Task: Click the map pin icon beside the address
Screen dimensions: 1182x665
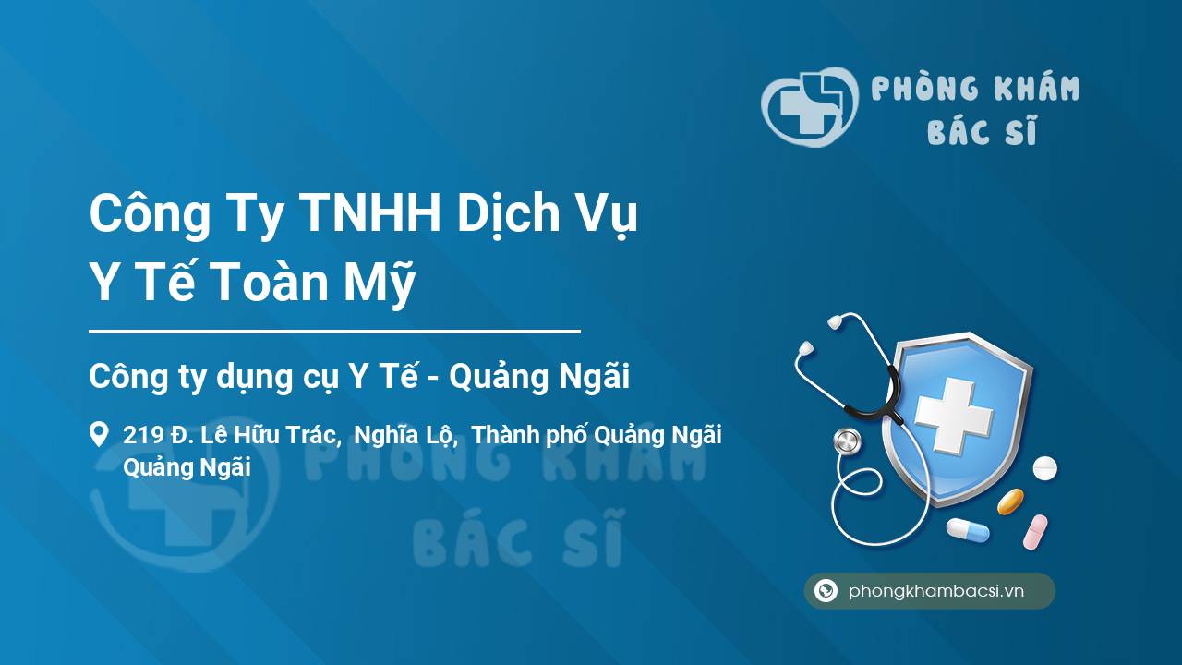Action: click(x=99, y=434)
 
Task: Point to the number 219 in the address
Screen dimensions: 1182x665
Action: click(x=143, y=435)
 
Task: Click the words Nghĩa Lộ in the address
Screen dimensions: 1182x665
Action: click(x=405, y=435)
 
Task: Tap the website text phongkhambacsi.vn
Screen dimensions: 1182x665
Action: click(x=936, y=590)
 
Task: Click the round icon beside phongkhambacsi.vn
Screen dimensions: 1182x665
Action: click(x=826, y=590)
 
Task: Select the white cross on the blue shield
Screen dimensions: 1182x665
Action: click(x=954, y=416)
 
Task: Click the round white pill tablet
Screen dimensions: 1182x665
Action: click(x=1044, y=468)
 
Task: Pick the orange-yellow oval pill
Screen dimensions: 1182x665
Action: click(x=1010, y=502)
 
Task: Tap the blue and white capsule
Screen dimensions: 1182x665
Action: click(x=968, y=529)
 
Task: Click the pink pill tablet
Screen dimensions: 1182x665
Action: click(x=1035, y=532)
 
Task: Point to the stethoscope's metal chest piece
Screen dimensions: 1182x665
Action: click(x=848, y=441)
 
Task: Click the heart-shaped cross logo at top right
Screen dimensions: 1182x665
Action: click(x=810, y=106)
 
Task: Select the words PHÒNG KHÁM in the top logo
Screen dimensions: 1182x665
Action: click(x=975, y=88)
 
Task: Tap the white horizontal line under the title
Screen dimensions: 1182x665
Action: click(x=334, y=332)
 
